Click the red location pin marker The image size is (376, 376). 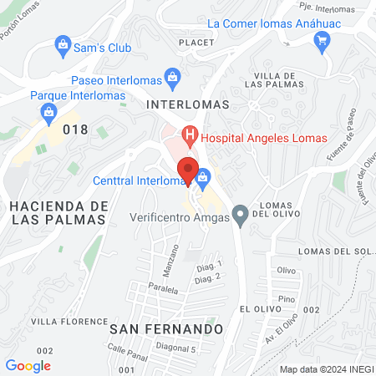(189, 170)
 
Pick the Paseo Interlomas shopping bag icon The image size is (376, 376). (173, 80)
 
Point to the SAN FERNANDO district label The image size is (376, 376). (166, 328)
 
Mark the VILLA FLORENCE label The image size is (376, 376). (61, 320)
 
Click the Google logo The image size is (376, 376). (28, 365)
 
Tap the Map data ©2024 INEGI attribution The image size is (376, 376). (325, 369)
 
